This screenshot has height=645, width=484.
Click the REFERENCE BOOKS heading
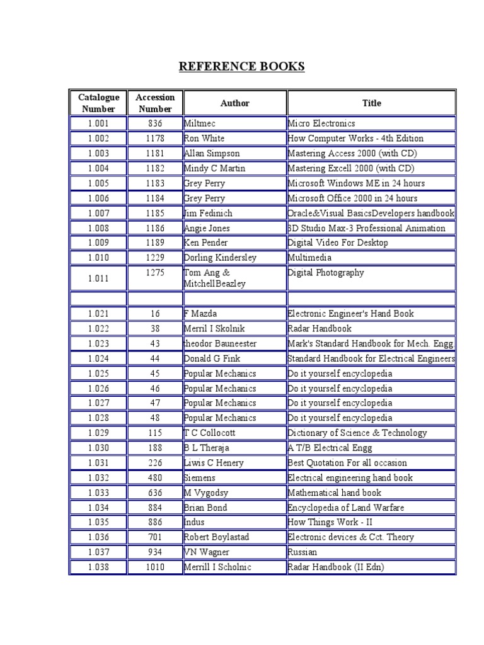click(x=242, y=67)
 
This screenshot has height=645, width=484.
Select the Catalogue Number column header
click(x=98, y=103)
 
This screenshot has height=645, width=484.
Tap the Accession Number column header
click(x=155, y=103)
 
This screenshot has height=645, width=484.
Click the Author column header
click(x=234, y=103)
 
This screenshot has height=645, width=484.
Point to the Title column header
click(x=371, y=103)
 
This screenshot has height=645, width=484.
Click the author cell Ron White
click(x=204, y=139)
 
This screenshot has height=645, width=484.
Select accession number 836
click(x=155, y=123)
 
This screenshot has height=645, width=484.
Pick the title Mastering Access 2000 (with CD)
click(x=352, y=154)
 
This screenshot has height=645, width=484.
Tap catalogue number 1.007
click(x=98, y=214)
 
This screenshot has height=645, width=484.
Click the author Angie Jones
click(x=207, y=229)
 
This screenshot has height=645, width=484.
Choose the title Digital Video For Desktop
click(x=338, y=243)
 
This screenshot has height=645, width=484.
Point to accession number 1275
click(x=155, y=273)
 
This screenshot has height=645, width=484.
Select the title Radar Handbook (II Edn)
click(x=336, y=568)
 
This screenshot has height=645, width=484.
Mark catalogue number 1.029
click(x=98, y=433)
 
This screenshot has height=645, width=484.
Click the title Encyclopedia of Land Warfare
click(x=345, y=508)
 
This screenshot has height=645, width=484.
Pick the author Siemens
click(x=200, y=478)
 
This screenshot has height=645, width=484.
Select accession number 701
click(x=155, y=537)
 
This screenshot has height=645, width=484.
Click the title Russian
click(x=303, y=552)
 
